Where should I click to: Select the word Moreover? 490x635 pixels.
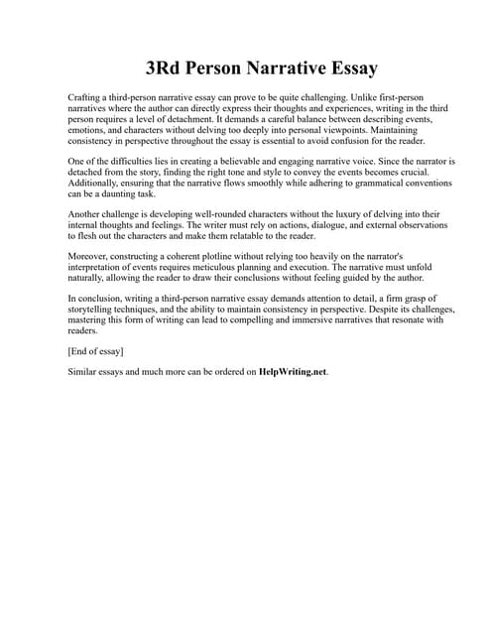pos(90,257)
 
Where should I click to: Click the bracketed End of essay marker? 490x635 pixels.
pos(95,351)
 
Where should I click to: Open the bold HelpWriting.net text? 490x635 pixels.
pos(292,372)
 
